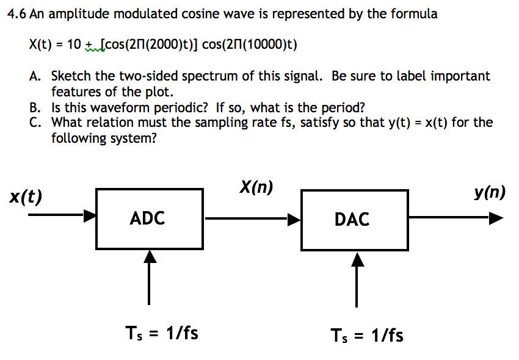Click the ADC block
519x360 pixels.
tap(149, 218)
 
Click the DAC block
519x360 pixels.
tap(354, 219)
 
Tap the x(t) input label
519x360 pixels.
tap(26, 197)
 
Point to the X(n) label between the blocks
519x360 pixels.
tap(256, 188)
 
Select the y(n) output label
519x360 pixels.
tap(489, 193)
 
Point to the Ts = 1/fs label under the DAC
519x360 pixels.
tap(366, 335)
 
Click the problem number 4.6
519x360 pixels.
tap(16, 14)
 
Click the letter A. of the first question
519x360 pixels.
tap(35, 76)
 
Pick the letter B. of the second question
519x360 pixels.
tap(35, 108)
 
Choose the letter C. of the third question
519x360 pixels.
tap(35, 122)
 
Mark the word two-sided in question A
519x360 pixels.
tap(146, 76)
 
